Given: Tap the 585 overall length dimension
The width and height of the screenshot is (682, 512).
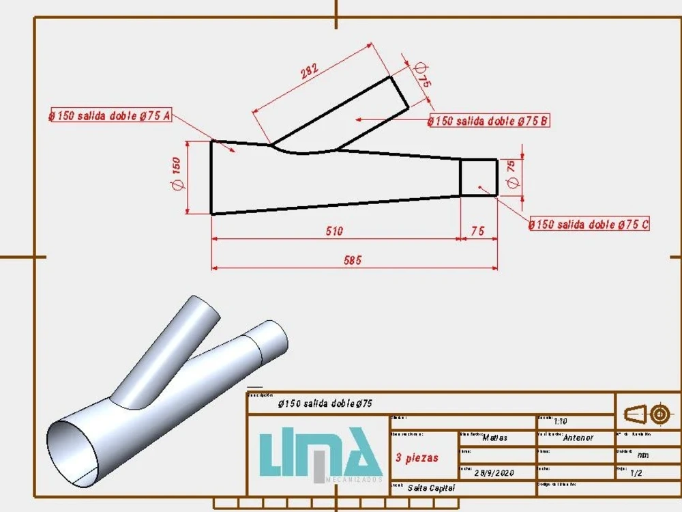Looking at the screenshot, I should pyautogui.click(x=353, y=259).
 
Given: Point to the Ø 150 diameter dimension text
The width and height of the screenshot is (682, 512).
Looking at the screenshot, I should pyautogui.click(x=176, y=175).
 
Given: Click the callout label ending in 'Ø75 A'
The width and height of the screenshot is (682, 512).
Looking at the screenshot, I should pyautogui.click(x=109, y=115).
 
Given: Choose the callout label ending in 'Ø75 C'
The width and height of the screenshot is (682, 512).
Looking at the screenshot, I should pyautogui.click(x=589, y=224).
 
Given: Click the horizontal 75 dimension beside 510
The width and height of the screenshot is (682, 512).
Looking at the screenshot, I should pyautogui.click(x=477, y=231).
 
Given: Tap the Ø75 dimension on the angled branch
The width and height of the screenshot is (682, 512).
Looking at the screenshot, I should pyautogui.click(x=423, y=74).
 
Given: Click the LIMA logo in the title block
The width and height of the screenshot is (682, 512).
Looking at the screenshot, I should pyautogui.click(x=319, y=455).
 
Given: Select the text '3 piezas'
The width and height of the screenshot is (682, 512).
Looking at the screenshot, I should pyautogui.click(x=417, y=457).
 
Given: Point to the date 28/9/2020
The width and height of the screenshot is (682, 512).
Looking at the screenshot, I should pyautogui.click(x=494, y=472).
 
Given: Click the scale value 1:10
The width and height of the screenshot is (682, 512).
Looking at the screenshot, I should pyautogui.click(x=561, y=421).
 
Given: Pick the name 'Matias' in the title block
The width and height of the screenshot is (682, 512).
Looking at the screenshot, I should pyautogui.click(x=494, y=438).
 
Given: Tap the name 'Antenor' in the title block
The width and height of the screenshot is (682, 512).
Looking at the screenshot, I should pyautogui.click(x=578, y=438).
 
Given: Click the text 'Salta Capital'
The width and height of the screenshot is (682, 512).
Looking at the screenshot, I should pyautogui.click(x=430, y=487).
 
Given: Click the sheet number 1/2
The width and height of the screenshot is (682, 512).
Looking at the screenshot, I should pyautogui.click(x=636, y=472).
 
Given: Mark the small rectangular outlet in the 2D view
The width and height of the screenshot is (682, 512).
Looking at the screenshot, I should pyautogui.click(x=478, y=177).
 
